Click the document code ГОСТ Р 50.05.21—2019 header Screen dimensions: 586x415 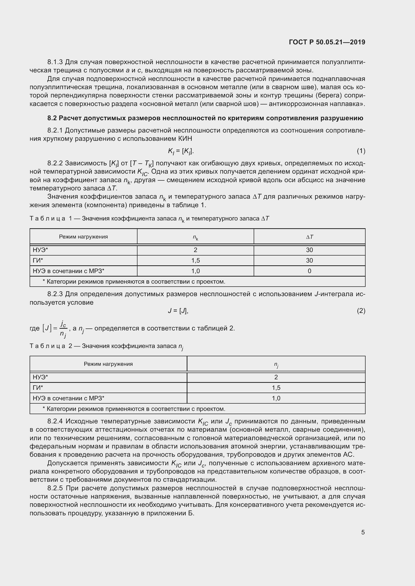point(327,42)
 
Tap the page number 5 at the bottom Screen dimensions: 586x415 point(363,532)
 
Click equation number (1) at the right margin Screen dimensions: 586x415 point(361,151)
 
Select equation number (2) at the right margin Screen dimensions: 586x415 point(361,311)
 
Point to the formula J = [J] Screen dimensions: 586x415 point(178,311)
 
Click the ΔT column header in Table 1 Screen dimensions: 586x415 point(309,237)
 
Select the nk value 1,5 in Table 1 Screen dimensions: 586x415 point(195,260)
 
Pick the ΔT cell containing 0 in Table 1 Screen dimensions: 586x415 point(309,271)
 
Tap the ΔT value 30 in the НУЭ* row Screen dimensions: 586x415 point(309,250)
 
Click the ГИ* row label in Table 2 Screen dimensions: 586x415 point(38,388)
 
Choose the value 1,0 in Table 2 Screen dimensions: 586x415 point(276,398)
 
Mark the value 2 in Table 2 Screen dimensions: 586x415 point(276,377)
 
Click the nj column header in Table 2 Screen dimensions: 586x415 point(276,365)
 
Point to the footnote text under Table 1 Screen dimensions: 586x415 point(134,282)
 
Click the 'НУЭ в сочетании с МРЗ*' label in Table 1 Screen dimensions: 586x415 point(68,271)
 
